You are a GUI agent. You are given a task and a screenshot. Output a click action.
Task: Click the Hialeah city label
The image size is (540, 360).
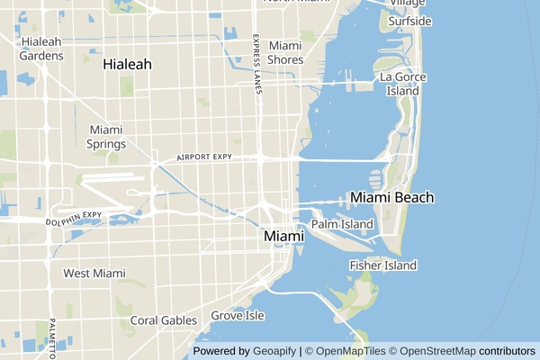click(x=127, y=65)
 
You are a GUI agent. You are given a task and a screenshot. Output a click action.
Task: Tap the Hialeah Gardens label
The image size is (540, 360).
click(x=42, y=49)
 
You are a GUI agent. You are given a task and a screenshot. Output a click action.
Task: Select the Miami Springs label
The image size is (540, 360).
click(x=106, y=137)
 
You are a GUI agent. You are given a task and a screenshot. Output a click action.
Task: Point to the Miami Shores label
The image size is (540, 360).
click(x=285, y=52)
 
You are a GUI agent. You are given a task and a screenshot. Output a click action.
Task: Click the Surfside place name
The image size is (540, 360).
click(x=409, y=21)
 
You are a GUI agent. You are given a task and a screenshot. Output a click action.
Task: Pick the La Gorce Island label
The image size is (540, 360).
click(x=400, y=84)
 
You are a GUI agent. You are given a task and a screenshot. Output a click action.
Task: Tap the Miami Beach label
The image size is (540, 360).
click(x=392, y=197)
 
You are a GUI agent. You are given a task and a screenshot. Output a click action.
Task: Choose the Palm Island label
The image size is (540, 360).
click(x=342, y=223)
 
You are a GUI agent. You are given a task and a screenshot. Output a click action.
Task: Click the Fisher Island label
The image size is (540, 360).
click(x=383, y=265)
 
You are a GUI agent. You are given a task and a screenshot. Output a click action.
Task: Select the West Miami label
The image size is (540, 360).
click(x=94, y=273)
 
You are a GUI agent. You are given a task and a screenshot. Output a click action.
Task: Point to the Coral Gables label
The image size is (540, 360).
click(x=163, y=319)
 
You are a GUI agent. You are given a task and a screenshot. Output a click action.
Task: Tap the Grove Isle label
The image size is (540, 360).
click(x=238, y=316)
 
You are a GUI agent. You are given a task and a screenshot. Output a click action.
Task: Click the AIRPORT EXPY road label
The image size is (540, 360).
click(x=204, y=157)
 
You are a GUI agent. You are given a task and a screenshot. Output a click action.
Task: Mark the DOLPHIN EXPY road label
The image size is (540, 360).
click(x=76, y=217)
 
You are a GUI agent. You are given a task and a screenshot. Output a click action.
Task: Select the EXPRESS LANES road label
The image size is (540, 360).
click(x=257, y=64)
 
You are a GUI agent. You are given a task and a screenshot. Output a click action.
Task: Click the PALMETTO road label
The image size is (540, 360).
click(x=53, y=334)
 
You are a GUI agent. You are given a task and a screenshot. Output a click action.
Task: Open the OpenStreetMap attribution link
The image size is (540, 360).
click(x=437, y=351)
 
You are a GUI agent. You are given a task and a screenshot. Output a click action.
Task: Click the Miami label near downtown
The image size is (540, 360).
click(x=283, y=236)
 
